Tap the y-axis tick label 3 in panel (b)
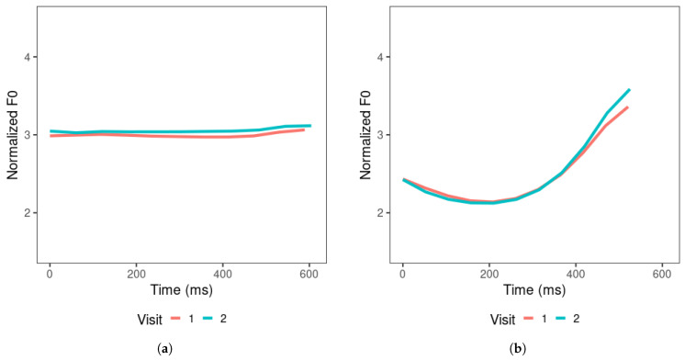click(x=381, y=135)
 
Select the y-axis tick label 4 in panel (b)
click(x=381, y=57)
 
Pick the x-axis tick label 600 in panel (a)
click(x=309, y=274)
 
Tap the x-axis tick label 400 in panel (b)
click(x=575, y=274)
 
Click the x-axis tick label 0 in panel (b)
click(x=402, y=274)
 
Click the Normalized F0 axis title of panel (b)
click(x=364, y=135)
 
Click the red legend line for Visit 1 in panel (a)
click(x=179, y=319)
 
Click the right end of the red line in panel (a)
click(x=304, y=129)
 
